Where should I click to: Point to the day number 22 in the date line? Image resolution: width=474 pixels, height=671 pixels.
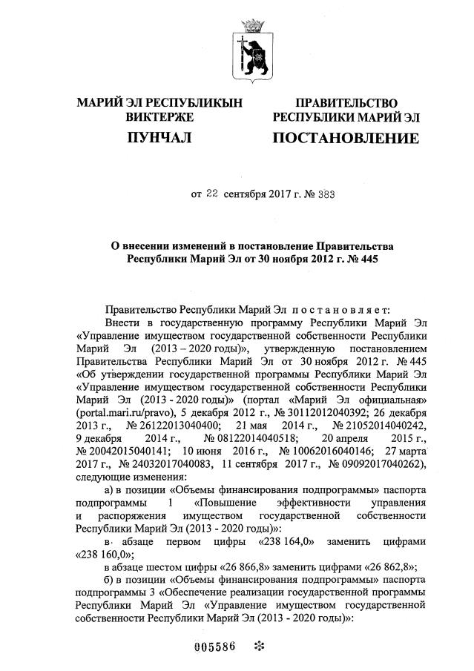click(212, 195)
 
